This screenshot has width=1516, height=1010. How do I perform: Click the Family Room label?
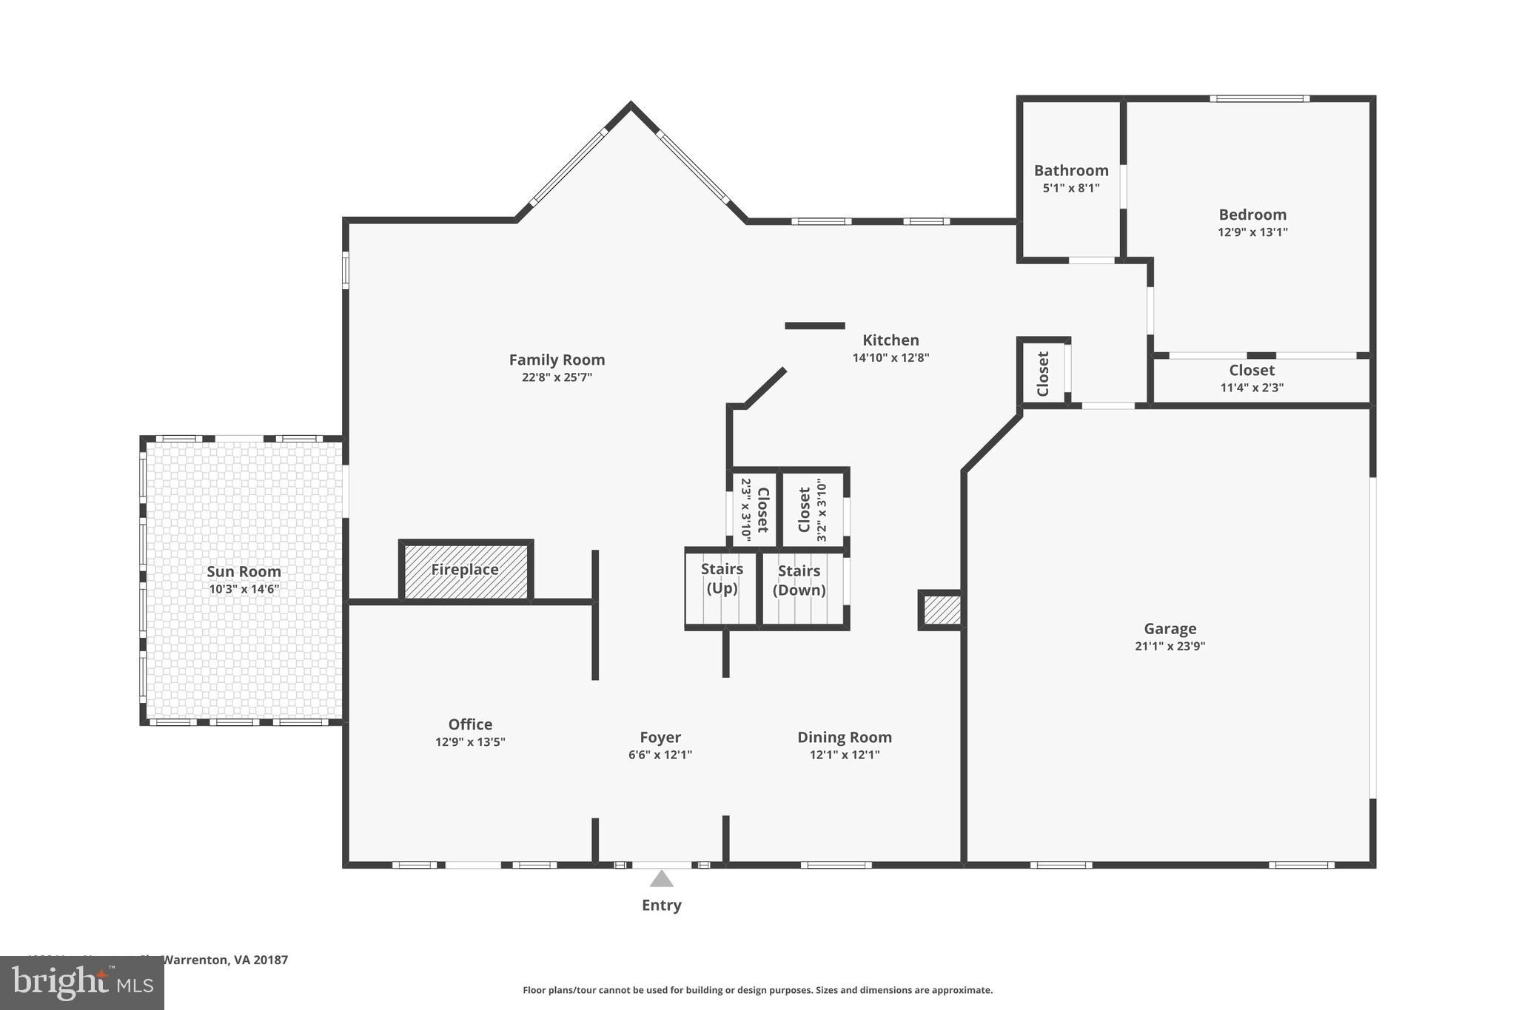557,360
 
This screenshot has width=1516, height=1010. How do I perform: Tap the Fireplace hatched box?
466,570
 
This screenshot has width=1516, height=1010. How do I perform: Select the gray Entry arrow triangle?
661,879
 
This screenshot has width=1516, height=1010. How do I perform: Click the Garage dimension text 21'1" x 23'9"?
1170,646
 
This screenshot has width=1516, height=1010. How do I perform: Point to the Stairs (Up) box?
722,588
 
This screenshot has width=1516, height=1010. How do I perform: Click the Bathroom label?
1070,171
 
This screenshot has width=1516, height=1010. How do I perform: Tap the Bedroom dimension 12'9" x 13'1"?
1252,232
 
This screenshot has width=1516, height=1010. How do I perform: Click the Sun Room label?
244,572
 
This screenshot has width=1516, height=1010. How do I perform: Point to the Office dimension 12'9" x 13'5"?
470,742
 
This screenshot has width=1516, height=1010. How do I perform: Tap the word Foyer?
660,738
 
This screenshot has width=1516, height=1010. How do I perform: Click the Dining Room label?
844,738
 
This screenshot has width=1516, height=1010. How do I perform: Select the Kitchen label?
891,340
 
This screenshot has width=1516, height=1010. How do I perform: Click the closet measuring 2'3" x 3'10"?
754,510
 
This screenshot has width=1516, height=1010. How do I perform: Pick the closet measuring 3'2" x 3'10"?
812,510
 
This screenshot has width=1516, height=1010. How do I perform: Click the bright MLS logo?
81,983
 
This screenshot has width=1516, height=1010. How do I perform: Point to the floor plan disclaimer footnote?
757,990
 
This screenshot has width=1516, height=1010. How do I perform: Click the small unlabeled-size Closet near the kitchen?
1043,373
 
